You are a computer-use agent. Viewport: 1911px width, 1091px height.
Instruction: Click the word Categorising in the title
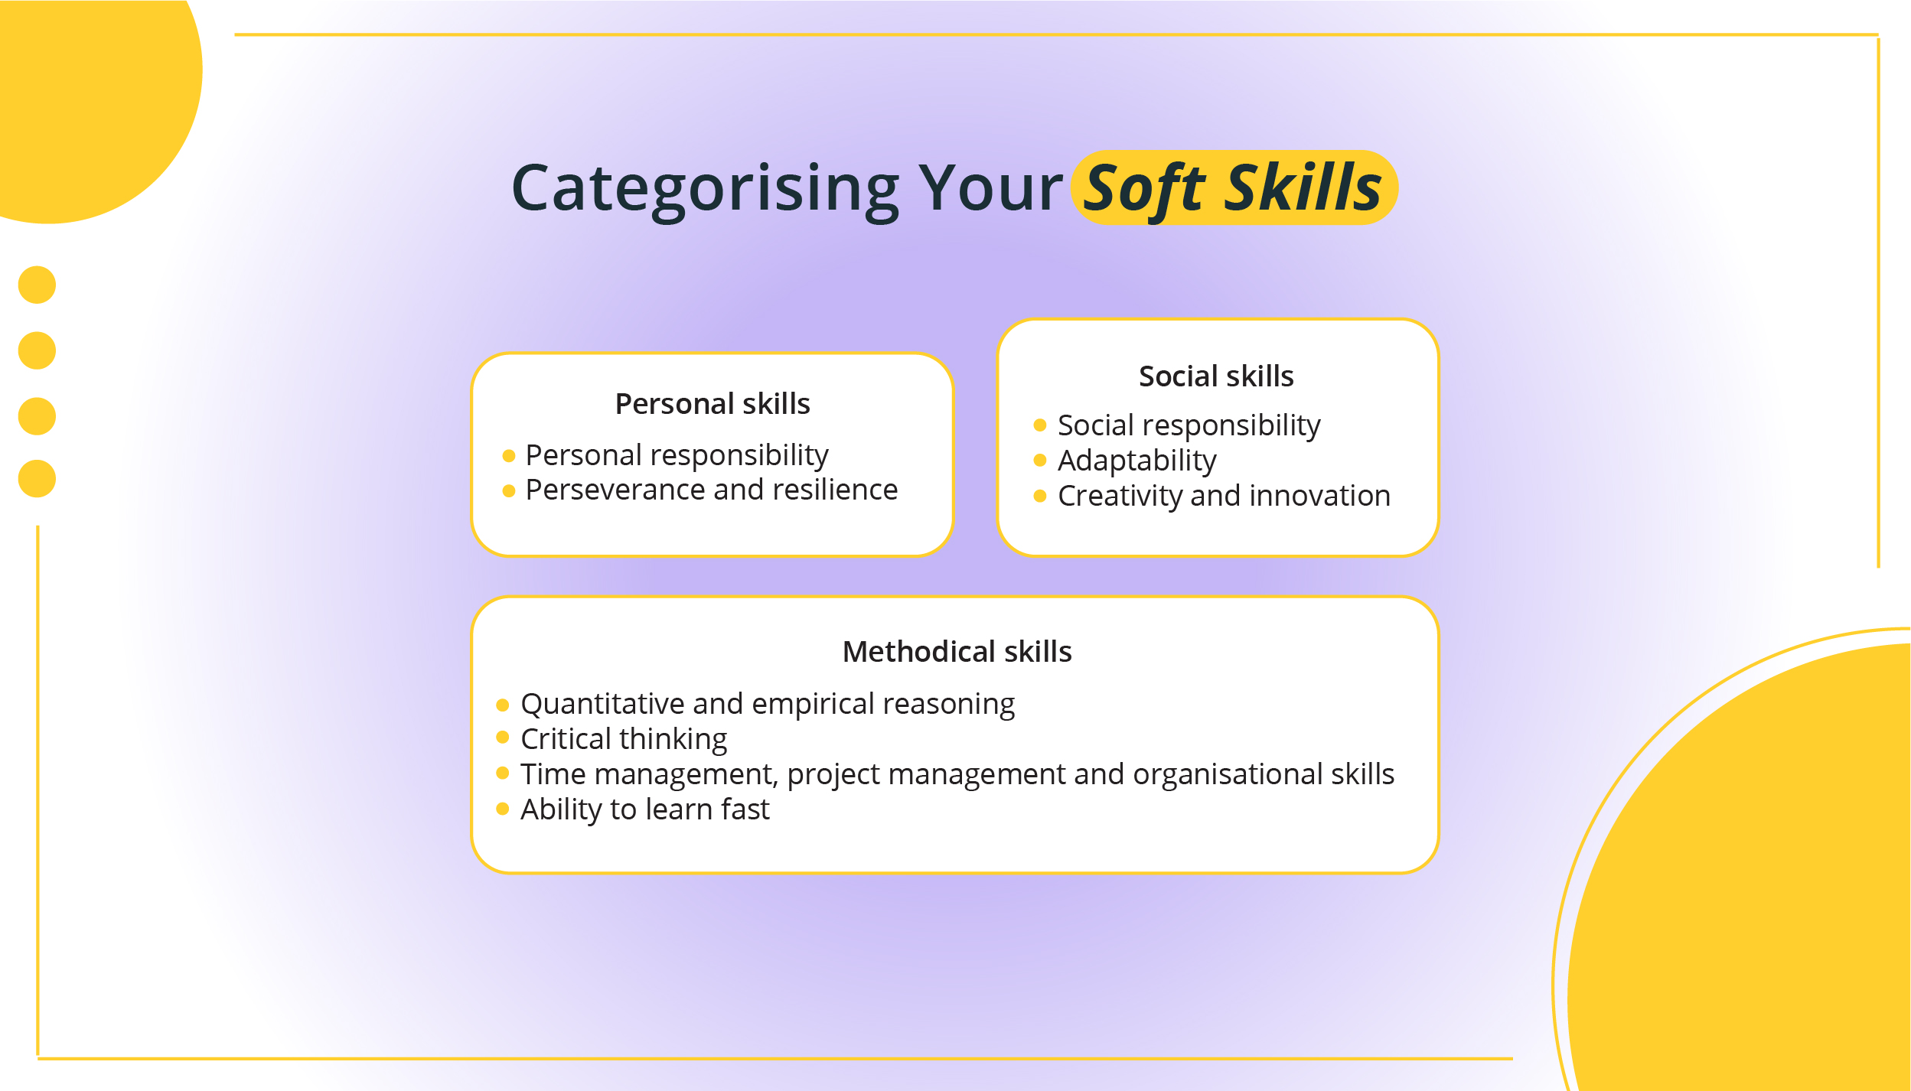[x=704, y=188]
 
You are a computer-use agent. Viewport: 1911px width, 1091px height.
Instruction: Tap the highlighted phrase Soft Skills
[x=1233, y=188]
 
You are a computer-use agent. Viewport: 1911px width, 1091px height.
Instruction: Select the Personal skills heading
[x=712, y=404]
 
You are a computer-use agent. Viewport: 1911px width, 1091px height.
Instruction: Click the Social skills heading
[x=1215, y=376]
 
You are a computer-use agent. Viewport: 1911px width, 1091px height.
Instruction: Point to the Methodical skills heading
[x=956, y=652]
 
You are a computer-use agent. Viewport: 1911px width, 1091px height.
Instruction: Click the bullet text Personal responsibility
[x=677, y=455]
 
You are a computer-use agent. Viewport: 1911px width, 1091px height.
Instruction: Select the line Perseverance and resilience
[x=711, y=490]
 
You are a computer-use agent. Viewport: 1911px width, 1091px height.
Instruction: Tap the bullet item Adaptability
[x=1136, y=461]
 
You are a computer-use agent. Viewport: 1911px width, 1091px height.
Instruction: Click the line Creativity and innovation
[x=1223, y=496]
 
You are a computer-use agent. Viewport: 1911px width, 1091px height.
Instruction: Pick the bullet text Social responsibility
[x=1189, y=425]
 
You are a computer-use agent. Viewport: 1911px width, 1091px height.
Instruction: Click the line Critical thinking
[x=623, y=739]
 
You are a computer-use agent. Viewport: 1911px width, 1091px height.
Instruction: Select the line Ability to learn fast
[x=644, y=809]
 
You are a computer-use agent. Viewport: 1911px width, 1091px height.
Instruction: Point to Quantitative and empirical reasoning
[x=767, y=704]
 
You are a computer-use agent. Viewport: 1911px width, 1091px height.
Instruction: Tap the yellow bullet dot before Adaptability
[x=1039, y=460]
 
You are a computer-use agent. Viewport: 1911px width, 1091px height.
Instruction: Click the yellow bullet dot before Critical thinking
[x=502, y=737]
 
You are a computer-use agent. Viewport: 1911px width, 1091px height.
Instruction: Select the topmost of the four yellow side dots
[x=37, y=285]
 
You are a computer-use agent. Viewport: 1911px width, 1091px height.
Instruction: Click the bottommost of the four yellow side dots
[x=37, y=479]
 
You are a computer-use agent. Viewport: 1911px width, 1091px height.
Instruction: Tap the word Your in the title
[x=990, y=188]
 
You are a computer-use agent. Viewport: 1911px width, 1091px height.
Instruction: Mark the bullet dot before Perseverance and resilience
[x=508, y=490]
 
